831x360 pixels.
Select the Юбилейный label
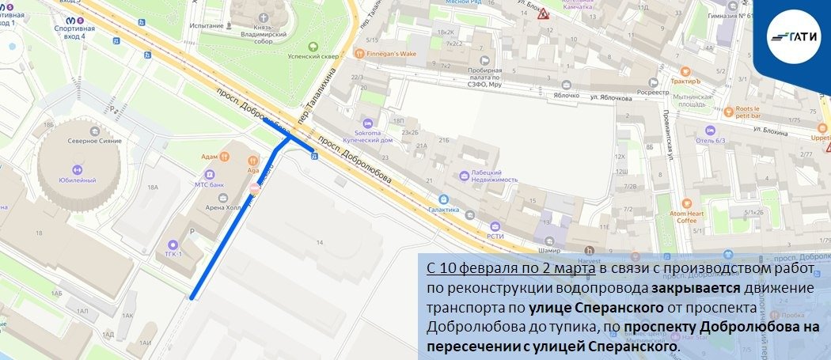pyautogui.click(x=78, y=180)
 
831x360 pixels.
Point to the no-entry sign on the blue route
pyautogui.click(x=255, y=189)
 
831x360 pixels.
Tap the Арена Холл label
pyautogui.click(x=223, y=208)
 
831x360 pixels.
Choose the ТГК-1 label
pyautogui.click(x=173, y=252)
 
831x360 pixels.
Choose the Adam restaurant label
pyautogui.click(x=210, y=157)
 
